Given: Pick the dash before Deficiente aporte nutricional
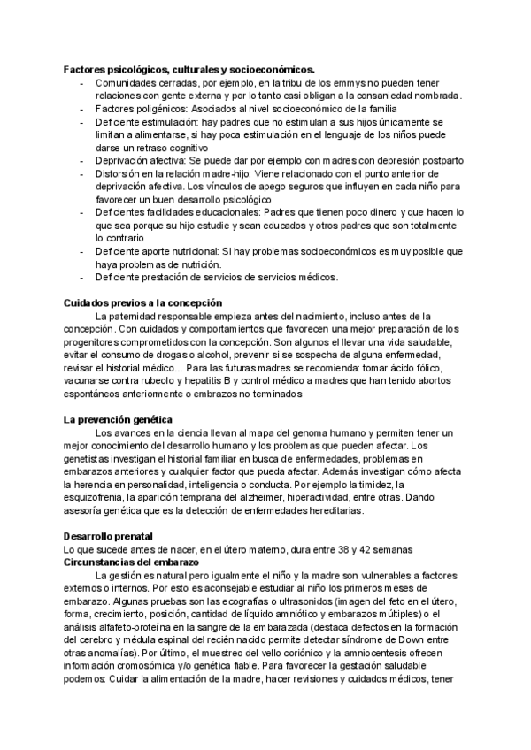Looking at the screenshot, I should [82, 251].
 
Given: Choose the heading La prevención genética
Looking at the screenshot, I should [118, 419].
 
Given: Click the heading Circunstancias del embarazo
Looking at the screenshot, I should [132, 562].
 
